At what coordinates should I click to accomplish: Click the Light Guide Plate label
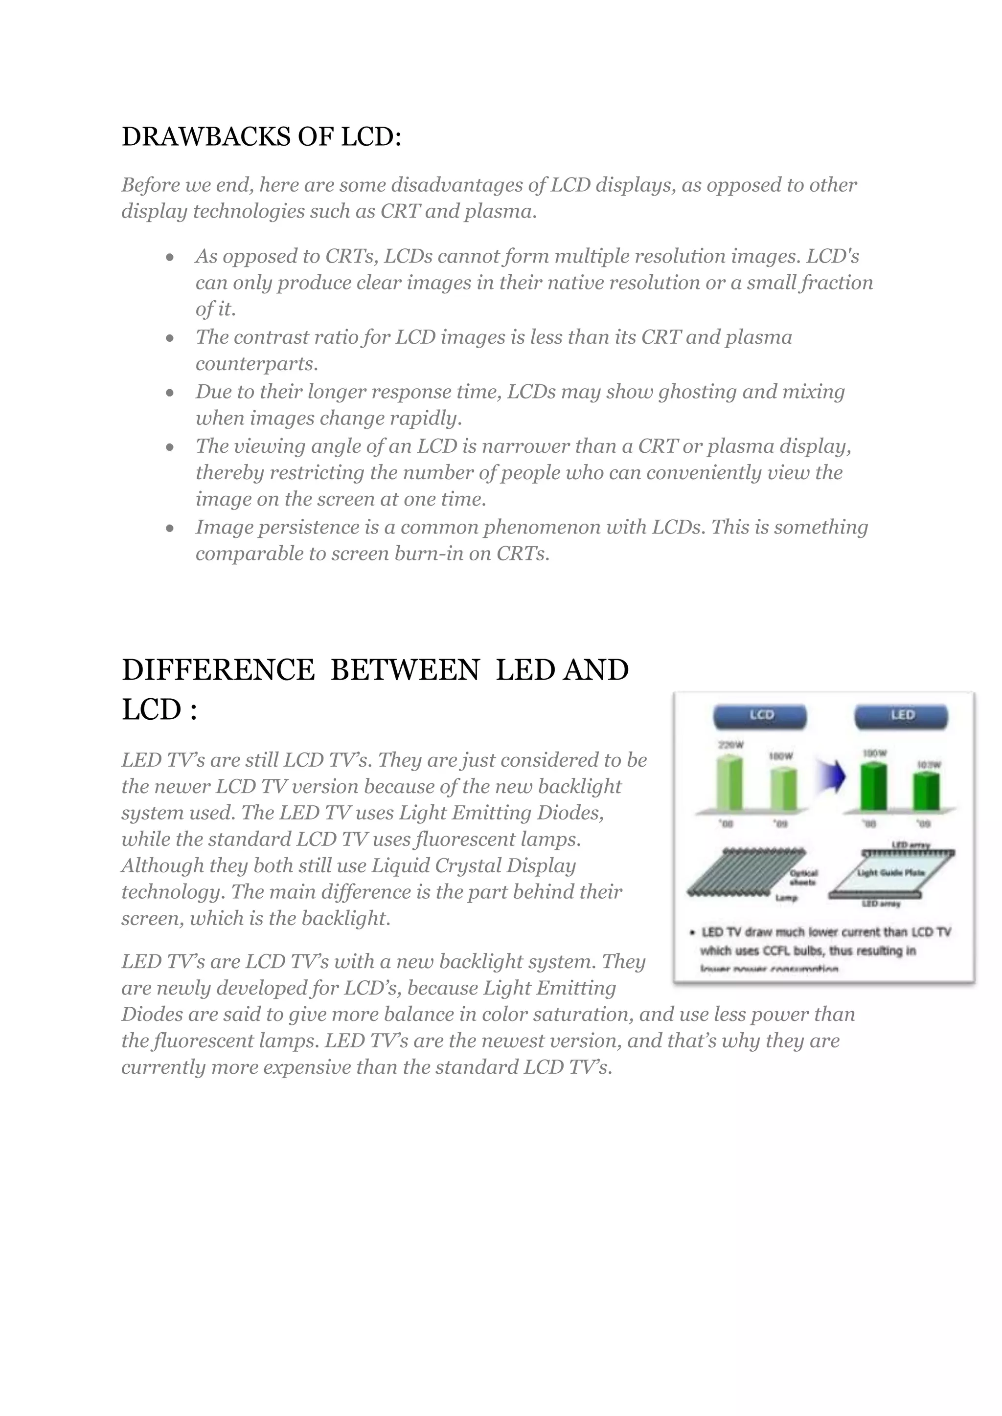coord(890,873)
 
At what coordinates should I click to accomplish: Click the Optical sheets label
coord(803,878)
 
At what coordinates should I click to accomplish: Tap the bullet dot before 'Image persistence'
coord(170,529)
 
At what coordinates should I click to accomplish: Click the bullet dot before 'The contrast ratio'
coord(170,338)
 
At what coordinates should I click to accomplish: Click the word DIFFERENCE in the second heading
coord(218,670)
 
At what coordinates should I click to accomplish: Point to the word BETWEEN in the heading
coord(405,670)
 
